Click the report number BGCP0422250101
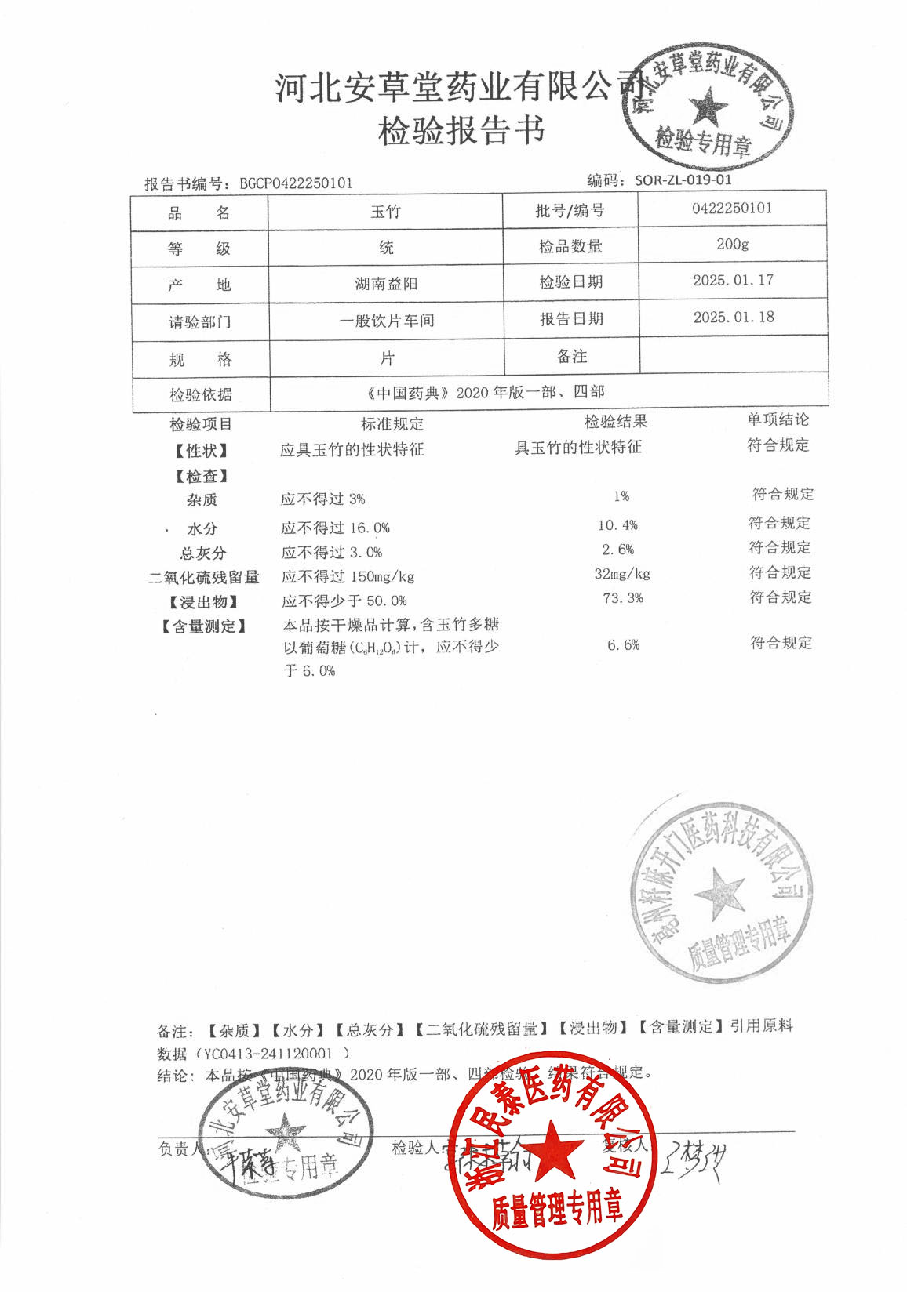296,183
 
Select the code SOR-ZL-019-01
683,180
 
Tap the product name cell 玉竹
385,212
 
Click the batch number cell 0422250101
732,208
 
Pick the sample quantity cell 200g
732,244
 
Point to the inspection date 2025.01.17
733,280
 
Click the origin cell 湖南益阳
386,284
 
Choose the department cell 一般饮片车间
387,321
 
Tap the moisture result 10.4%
617,525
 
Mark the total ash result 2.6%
617,550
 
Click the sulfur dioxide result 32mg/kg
622,574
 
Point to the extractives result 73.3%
623,598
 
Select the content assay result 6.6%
623,645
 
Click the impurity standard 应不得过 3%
322,499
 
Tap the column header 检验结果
616,422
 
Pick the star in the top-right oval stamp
708,107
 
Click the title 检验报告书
461,131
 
